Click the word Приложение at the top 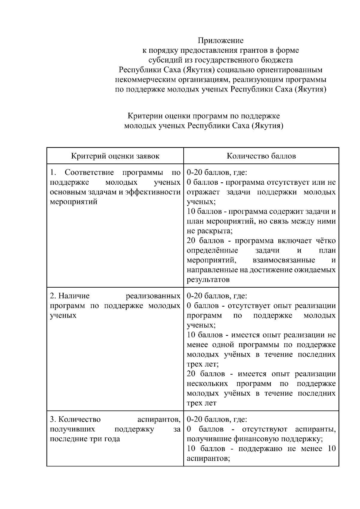click(x=220, y=40)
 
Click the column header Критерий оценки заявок click(x=115, y=156)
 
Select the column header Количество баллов click(x=261, y=156)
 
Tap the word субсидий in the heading click(x=164, y=60)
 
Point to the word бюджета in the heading click(x=278, y=60)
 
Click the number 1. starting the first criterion click(x=53, y=173)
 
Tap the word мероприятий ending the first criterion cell click(x=73, y=202)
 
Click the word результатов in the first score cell click(x=208, y=280)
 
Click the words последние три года click(x=85, y=439)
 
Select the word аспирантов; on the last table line click(x=208, y=459)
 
